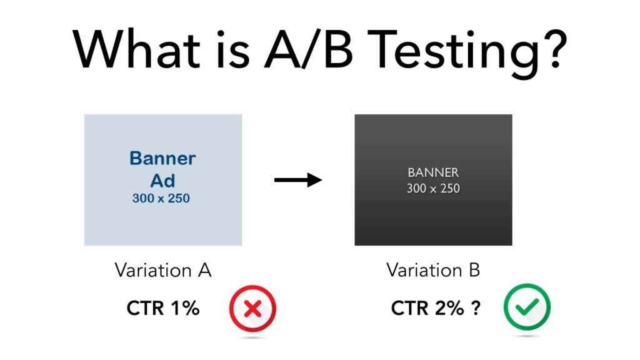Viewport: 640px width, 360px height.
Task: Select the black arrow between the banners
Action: [x=298, y=179]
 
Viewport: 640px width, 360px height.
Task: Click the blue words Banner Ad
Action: [x=162, y=169]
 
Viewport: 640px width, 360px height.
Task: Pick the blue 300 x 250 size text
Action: [x=161, y=198]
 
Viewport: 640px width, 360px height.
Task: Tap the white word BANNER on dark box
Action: [x=433, y=172]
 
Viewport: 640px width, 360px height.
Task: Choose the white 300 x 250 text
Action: [x=433, y=189]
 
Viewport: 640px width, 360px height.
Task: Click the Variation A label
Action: [x=163, y=270]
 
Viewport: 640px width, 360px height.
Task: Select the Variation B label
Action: [x=433, y=270]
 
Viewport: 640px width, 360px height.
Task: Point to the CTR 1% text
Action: [x=163, y=308]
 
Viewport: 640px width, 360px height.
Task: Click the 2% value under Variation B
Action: [x=449, y=308]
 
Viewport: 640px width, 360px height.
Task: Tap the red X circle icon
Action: [x=252, y=309]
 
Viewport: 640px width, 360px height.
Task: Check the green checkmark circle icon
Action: [x=527, y=307]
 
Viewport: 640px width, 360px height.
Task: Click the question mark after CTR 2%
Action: [x=476, y=308]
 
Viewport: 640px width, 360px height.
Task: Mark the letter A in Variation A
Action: [x=204, y=270]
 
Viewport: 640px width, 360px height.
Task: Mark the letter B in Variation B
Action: [x=474, y=270]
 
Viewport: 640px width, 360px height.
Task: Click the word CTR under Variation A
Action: [x=145, y=308]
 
